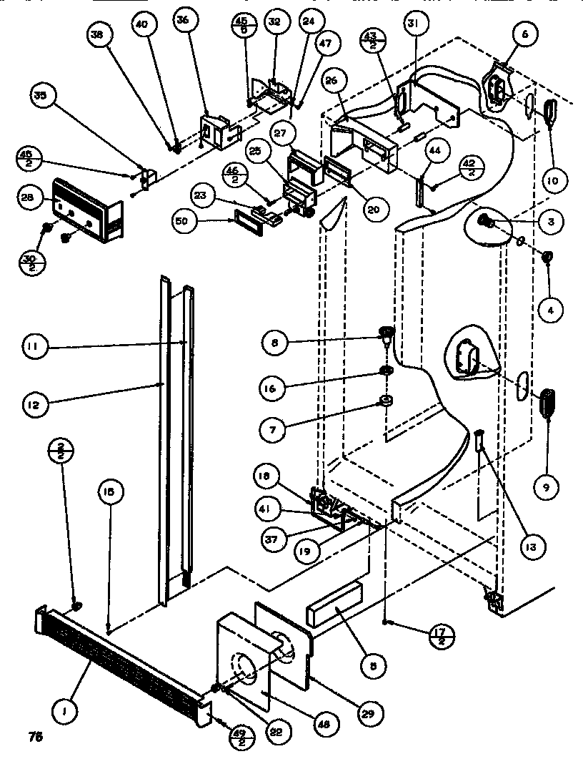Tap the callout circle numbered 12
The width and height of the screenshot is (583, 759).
point(39,404)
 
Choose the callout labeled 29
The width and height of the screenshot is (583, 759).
point(371,713)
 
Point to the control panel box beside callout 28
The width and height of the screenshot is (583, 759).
point(86,210)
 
